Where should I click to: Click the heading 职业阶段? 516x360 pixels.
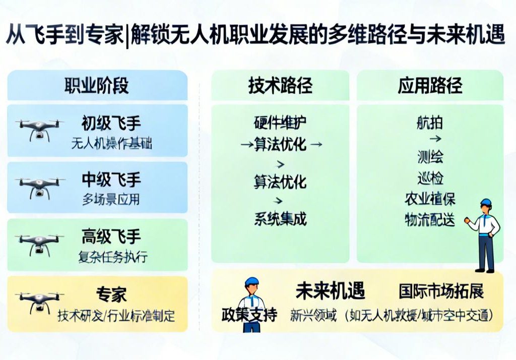(x=96, y=86)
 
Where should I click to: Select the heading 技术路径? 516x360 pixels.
(x=280, y=86)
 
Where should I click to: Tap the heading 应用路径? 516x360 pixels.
(x=430, y=86)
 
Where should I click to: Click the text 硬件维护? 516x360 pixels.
(x=280, y=123)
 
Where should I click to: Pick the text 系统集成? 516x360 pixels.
(x=280, y=219)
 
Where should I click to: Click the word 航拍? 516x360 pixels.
(x=430, y=123)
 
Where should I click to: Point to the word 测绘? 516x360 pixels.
(x=430, y=157)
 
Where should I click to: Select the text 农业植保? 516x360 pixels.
(x=430, y=199)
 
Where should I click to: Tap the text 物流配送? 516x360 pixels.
(x=430, y=220)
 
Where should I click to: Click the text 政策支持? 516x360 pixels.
(x=249, y=315)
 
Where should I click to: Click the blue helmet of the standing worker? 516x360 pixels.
(x=485, y=203)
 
